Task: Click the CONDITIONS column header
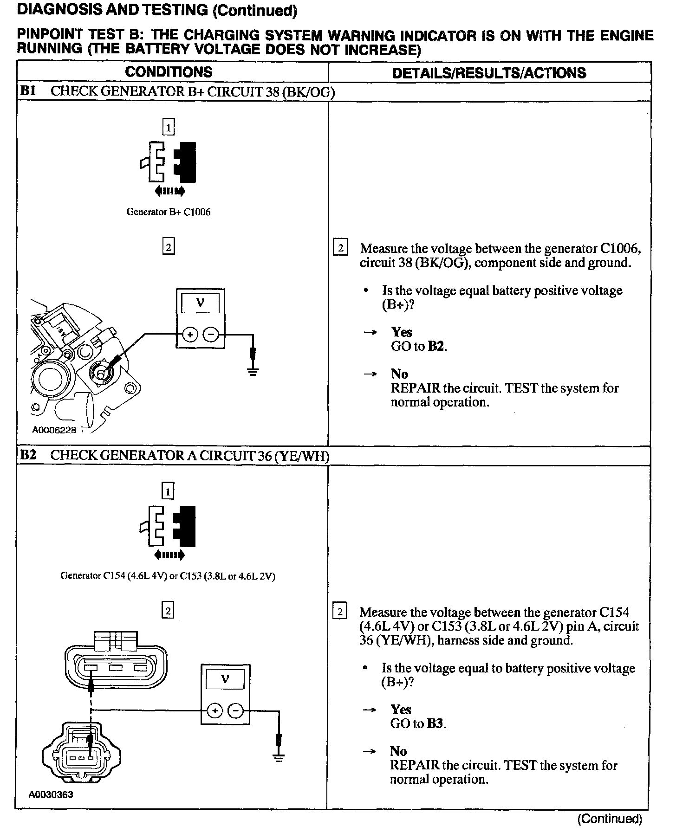169,72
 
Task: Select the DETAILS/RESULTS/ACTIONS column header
489,73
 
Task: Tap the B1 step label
28,91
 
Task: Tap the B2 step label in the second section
28,455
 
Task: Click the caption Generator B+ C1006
169,212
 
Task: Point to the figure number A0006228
54,430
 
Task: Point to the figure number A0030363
51,794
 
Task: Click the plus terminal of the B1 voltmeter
190,334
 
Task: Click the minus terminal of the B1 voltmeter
211,334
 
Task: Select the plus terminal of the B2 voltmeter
214,710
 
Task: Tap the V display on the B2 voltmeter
225,680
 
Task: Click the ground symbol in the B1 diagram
253,371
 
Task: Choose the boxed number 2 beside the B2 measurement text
340,612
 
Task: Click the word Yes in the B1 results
402,332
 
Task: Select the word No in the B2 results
399,751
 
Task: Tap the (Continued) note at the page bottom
610,819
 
